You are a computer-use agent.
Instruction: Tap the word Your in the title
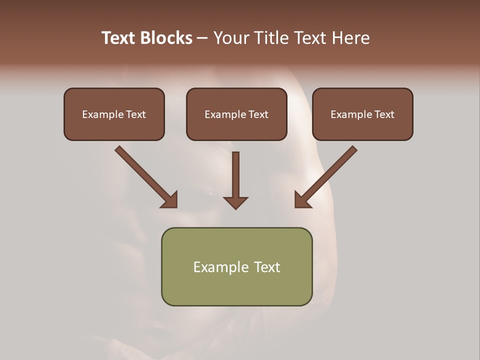(x=232, y=38)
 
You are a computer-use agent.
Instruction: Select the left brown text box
(x=114, y=114)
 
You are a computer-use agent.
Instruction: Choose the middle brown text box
(x=236, y=114)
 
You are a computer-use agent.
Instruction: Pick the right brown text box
(x=362, y=114)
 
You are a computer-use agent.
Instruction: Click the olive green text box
(x=236, y=266)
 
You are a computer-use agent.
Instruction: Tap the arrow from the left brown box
(x=145, y=176)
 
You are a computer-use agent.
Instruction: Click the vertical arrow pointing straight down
(x=235, y=180)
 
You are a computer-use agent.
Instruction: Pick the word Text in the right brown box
(x=384, y=114)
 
